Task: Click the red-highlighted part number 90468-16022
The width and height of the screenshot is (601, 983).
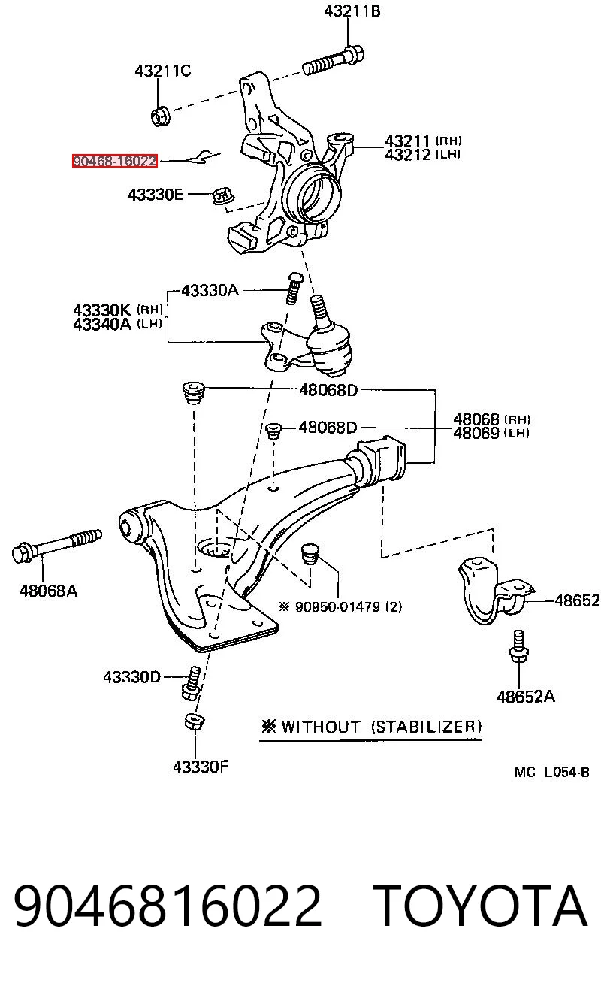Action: [x=115, y=161]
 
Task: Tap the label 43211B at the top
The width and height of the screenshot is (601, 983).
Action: [x=352, y=11]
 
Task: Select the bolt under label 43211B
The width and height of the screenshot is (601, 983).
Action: [x=334, y=62]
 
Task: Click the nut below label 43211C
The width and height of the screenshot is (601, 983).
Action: [x=161, y=116]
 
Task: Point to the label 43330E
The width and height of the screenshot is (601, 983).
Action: [x=156, y=195]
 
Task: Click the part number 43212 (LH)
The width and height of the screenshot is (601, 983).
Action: [x=423, y=155]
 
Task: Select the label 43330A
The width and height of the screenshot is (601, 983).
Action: [x=210, y=290]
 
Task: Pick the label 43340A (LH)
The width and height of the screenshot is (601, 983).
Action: [x=117, y=325]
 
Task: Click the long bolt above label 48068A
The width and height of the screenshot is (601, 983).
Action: [x=56, y=546]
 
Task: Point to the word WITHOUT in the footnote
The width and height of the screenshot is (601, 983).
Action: [x=321, y=727]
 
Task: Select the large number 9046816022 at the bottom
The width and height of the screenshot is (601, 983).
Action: [x=168, y=906]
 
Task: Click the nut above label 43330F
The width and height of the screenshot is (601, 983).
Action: [x=195, y=721]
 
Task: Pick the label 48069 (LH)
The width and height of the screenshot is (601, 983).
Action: [x=491, y=433]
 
